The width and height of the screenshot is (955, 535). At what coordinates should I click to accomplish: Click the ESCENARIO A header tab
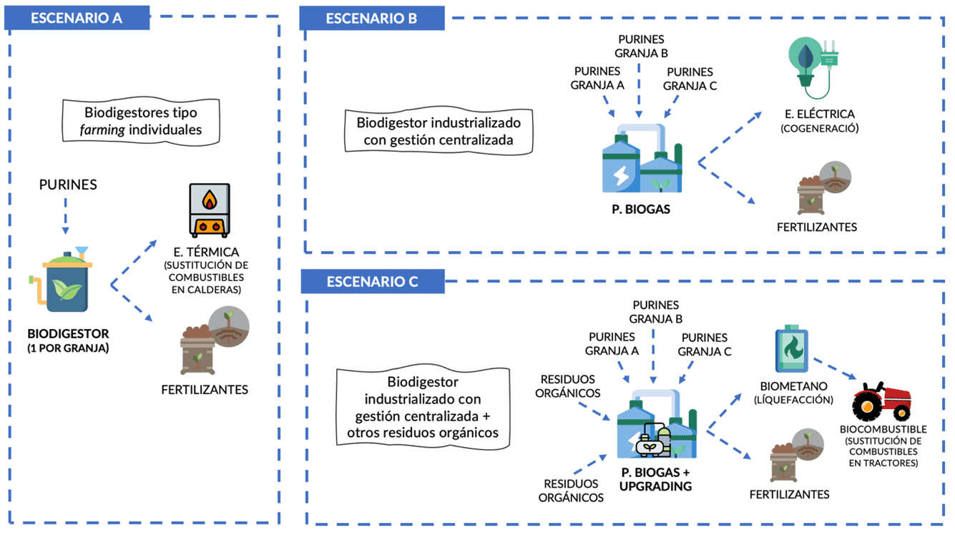click(77, 19)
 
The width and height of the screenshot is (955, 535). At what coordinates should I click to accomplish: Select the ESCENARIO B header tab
click(371, 19)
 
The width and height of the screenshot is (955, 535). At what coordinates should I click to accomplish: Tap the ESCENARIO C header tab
click(372, 281)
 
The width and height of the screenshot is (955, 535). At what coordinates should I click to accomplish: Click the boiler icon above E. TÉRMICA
click(209, 210)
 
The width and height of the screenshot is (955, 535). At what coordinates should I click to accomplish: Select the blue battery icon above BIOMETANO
click(792, 350)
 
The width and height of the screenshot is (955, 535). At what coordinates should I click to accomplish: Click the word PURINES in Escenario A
click(68, 185)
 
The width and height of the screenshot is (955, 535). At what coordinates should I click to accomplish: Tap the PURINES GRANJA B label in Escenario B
click(641, 46)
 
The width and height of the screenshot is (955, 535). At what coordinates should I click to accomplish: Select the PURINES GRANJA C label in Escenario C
click(705, 344)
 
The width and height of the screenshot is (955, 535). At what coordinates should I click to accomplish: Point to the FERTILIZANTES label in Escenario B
click(816, 227)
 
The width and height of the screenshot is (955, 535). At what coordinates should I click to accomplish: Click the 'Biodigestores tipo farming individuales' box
click(141, 121)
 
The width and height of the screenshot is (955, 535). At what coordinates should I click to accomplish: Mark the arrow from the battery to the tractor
click(834, 368)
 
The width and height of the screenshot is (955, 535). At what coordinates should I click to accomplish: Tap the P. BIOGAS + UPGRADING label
click(656, 479)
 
